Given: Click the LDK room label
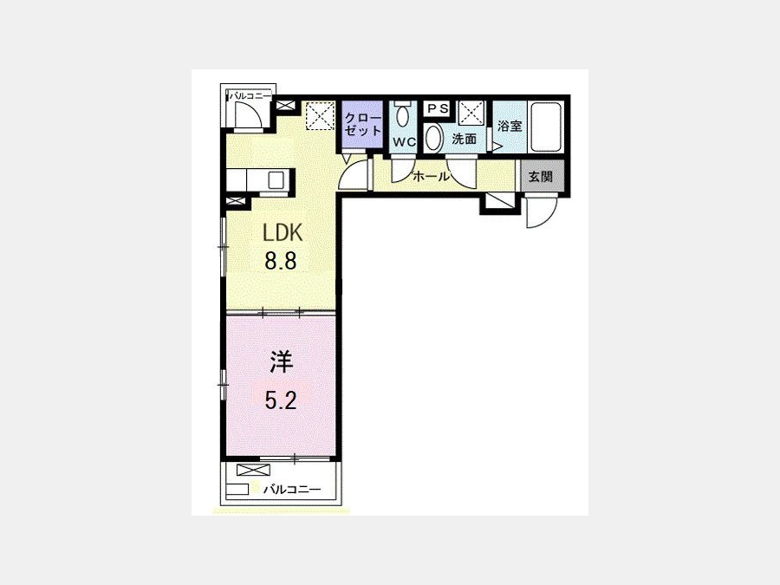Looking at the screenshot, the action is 283,232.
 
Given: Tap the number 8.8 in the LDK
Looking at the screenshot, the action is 281,260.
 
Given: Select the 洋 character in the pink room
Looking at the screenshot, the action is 281,361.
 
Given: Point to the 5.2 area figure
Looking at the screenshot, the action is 281,400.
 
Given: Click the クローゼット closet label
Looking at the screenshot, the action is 362,124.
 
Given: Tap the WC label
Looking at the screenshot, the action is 404,142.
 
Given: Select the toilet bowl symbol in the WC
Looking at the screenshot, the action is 402,114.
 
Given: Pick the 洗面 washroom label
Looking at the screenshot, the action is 465,139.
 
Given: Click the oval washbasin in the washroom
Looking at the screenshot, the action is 434,138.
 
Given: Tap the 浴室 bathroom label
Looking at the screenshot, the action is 510,126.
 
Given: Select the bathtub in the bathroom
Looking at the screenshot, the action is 546,126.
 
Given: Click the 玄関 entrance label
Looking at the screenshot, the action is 540,176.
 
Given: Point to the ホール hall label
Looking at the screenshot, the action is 431,176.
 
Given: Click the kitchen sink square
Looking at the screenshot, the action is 276,179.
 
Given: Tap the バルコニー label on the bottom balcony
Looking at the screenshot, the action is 292,489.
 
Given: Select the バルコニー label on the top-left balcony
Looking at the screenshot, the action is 250,95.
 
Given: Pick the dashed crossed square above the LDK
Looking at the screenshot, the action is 319,115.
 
